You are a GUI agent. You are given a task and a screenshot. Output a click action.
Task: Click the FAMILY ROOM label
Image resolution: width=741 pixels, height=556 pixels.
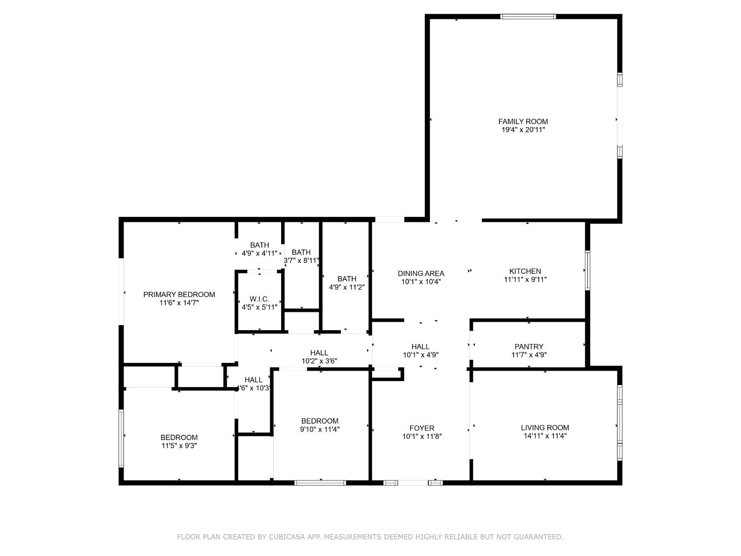click(x=523, y=122)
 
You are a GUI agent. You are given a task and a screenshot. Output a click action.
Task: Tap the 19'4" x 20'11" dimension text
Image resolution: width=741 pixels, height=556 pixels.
click(x=523, y=130)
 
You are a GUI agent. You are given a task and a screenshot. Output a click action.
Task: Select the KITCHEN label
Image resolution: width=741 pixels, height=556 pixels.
click(x=525, y=271)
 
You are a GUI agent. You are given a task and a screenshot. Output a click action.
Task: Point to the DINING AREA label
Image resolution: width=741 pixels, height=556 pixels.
click(x=421, y=273)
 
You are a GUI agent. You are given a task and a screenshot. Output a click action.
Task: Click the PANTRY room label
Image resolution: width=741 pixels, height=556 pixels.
click(x=529, y=346)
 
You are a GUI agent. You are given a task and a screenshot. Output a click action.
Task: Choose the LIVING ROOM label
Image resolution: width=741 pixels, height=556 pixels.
click(x=545, y=428)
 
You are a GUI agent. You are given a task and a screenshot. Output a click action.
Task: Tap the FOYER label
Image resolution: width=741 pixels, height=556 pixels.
click(x=422, y=428)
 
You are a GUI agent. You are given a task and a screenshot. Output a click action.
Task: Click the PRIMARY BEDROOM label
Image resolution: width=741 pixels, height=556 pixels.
click(x=179, y=295)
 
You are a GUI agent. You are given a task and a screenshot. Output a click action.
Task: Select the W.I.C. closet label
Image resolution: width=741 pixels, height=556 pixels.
click(x=259, y=299)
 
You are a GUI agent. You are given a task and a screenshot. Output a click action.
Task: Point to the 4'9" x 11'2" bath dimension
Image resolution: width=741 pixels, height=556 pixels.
click(x=347, y=287)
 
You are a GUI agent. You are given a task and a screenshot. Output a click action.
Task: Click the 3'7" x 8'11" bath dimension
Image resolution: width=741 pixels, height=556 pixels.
click(x=301, y=260)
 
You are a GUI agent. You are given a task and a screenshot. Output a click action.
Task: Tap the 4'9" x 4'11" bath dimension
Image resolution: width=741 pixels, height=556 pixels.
click(x=259, y=254)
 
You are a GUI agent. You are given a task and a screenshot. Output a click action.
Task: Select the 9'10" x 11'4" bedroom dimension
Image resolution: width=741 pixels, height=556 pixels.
click(x=320, y=429)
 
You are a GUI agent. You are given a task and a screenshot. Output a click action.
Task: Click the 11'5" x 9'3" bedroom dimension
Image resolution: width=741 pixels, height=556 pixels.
click(x=179, y=446)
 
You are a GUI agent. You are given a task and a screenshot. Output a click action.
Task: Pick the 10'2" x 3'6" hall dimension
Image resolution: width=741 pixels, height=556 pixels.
click(x=319, y=361)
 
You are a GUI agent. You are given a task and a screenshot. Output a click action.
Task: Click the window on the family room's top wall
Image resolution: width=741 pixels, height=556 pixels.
click(x=528, y=17)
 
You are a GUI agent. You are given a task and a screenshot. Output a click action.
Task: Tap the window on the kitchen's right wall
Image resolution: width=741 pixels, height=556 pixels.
click(x=587, y=270)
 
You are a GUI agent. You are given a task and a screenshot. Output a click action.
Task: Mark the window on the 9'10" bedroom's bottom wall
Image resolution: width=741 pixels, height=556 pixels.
click(x=320, y=482)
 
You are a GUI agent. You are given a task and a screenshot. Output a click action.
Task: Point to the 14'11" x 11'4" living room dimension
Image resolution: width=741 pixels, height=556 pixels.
click(x=545, y=436)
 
